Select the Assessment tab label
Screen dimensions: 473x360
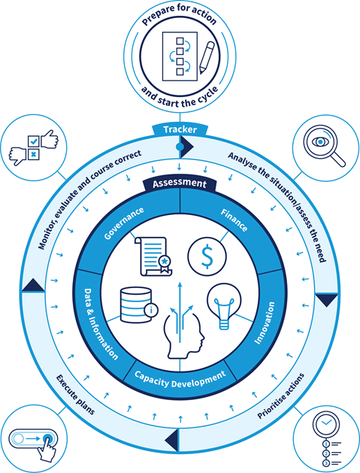(x=179, y=183)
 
